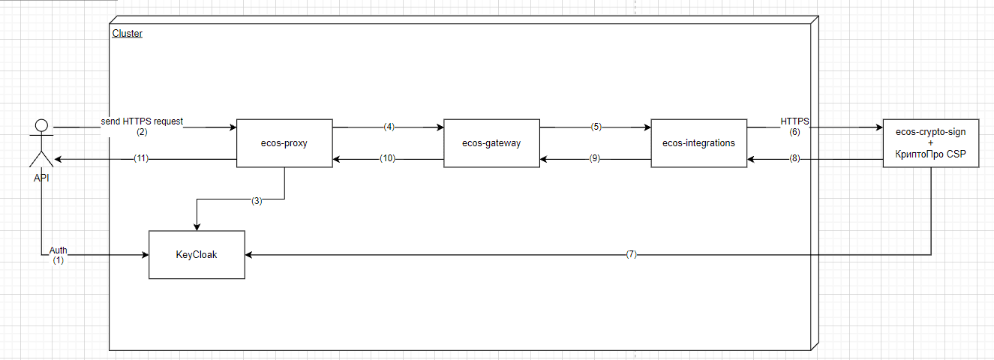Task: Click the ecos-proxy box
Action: click(284, 143)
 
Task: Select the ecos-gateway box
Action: click(491, 143)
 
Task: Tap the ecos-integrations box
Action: click(699, 143)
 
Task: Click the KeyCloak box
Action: click(197, 255)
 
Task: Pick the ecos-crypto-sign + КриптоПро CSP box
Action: click(930, 143)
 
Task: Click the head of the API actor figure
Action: click(41, 125)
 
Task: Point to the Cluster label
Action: click(128, 33)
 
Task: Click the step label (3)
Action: click(257, 201)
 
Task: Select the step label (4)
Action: click(389, 127)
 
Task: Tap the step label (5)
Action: click(596, 127)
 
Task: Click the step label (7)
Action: click(632, 254)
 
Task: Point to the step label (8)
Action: click(794, 158)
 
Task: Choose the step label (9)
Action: click(595, 158)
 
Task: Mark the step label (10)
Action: click(387, 158)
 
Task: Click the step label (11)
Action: click(141, 158)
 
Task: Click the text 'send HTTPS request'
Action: click(142, 121)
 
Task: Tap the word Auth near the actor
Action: click(58, 250)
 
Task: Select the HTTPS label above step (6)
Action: click(794, 121)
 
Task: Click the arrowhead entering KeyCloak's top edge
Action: click(197, 227)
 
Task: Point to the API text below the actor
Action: click(41, 178)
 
